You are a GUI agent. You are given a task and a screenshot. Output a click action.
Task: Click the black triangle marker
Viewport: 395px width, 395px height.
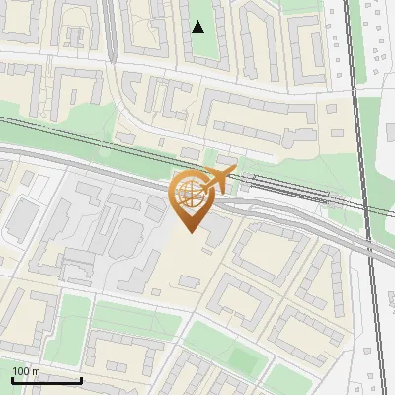(x=198, y=27)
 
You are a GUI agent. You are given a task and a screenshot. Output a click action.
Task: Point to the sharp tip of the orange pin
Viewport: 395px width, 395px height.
(x=188, y=232)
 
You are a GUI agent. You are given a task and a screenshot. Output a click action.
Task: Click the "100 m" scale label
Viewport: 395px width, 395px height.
(x=26, y=371)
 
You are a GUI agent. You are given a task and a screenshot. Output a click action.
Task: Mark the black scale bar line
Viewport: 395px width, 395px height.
(x=46, y=380)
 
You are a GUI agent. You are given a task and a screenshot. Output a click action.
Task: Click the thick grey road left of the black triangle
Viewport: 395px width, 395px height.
(x=111, y=30)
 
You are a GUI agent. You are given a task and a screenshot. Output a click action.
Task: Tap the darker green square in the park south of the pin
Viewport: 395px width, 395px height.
(x=212, y=341)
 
